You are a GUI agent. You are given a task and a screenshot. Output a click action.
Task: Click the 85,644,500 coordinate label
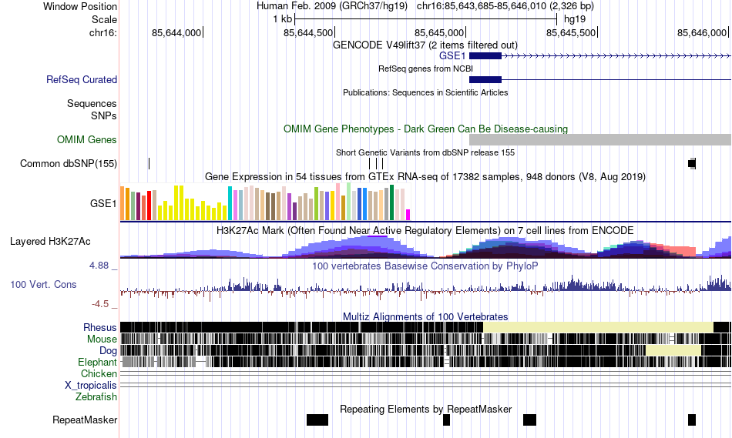309,32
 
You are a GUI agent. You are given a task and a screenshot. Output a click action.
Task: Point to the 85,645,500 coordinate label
571,32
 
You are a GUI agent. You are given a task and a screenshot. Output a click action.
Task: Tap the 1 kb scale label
283,19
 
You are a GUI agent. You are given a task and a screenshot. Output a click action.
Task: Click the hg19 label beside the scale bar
575,19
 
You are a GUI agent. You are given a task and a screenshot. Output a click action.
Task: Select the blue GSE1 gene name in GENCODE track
452,56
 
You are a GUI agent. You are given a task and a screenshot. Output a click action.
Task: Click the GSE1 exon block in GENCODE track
485,56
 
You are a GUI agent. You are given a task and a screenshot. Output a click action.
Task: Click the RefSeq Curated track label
82,79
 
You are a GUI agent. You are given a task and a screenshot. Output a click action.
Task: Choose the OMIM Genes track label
87,140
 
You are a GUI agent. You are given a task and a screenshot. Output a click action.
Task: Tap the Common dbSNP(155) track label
69,163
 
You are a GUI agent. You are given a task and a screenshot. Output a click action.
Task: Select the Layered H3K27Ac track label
50,241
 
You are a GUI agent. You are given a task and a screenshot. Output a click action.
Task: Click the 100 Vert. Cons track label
43,284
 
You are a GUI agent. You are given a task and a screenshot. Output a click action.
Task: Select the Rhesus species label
100,327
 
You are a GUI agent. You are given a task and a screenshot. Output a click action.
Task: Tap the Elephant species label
97,362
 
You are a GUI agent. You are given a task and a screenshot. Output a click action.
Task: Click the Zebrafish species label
96,397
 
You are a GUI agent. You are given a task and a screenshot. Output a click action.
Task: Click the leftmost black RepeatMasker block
317,420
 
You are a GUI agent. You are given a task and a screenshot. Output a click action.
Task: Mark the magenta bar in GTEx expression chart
408,214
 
